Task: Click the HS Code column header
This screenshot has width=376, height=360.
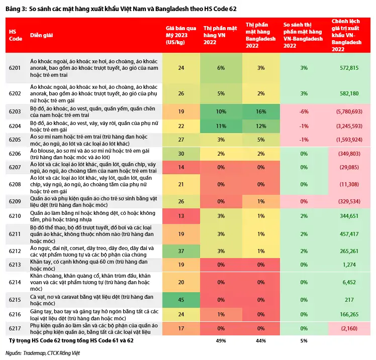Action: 16,35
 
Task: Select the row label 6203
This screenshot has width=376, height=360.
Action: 15,111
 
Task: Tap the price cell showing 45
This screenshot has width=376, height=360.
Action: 181,300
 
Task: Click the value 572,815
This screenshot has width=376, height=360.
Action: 349,68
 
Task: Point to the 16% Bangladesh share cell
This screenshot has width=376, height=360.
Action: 261,111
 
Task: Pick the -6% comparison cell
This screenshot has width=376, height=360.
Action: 304,111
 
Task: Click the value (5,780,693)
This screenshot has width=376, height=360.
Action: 349,111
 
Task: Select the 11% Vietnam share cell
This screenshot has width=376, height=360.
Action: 221,126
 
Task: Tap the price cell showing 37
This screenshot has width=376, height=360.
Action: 181,251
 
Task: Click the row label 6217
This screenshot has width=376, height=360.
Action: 15,328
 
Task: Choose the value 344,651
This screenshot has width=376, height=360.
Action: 349,216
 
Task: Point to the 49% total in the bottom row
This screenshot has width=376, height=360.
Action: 221,340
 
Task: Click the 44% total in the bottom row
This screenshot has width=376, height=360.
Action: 261,340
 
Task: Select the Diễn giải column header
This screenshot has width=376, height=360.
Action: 41,35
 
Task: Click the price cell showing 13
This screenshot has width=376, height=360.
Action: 181,216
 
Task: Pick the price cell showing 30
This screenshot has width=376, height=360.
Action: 181,154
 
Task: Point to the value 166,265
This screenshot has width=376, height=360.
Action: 349,314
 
